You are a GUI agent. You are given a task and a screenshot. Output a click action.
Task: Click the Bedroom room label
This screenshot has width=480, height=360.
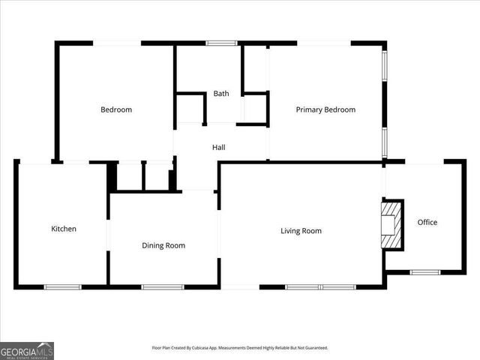point(116,109)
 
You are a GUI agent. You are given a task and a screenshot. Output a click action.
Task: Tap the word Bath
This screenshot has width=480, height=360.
point(221,94)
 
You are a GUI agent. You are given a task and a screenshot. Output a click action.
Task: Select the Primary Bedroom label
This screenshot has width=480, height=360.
point(325,109)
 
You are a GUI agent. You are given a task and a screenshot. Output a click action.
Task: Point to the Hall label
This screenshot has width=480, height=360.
point(218,147)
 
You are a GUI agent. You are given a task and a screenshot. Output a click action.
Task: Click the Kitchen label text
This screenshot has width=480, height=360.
point(64,229)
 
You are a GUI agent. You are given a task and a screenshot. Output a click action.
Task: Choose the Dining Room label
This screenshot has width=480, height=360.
point(163,245)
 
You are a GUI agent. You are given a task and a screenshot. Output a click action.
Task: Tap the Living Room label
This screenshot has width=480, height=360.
point(301,231)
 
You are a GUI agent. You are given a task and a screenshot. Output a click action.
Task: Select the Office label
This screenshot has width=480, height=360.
point(427,222)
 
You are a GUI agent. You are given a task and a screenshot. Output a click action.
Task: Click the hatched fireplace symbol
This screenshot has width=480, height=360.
point(391,224)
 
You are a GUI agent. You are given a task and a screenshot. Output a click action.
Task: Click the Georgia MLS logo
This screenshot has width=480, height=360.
point(27,350)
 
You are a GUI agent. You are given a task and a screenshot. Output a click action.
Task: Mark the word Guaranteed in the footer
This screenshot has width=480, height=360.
point(314,348)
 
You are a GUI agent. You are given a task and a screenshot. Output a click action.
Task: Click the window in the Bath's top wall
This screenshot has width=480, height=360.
point(222,43)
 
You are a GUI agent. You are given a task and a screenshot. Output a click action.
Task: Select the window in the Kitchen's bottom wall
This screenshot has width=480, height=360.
point(63,286)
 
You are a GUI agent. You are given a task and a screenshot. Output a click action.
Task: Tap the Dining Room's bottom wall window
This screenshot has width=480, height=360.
point(163,286)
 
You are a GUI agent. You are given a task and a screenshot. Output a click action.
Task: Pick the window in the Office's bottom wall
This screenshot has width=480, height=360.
point(424,271)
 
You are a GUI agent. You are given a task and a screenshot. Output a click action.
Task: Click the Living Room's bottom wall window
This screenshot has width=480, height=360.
point(320,286)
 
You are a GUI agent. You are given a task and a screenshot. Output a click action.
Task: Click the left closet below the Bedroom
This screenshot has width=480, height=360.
point(130,176)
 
